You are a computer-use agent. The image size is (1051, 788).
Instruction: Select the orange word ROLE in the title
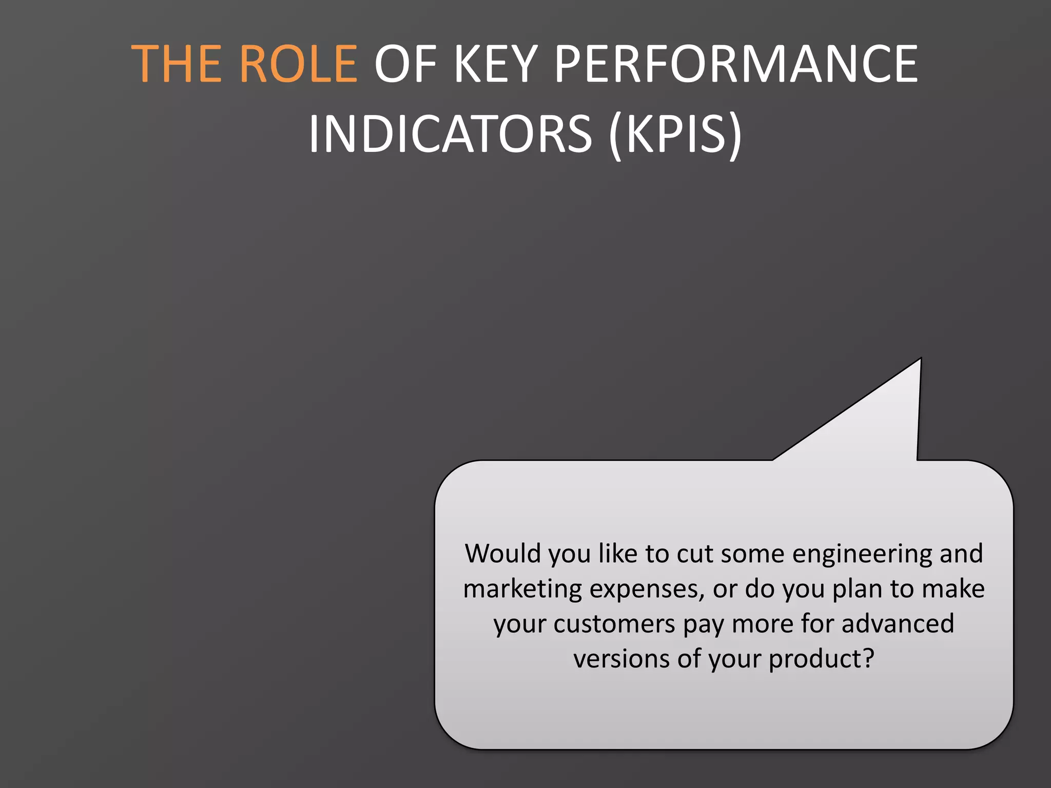(298, 64)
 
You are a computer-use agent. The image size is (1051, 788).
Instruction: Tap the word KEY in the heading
(496, 64)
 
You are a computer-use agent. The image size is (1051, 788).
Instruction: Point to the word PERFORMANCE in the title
(736, 64)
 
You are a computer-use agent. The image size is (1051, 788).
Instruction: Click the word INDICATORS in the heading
(451, 134)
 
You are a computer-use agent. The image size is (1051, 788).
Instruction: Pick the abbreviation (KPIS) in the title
(675, 134)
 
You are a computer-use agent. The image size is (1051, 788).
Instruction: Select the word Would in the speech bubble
(503, 554)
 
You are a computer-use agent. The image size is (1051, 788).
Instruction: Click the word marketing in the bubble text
(522, 589)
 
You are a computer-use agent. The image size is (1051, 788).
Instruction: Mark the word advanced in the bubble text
(898, 624)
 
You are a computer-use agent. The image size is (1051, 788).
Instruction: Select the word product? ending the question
(821, 659)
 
